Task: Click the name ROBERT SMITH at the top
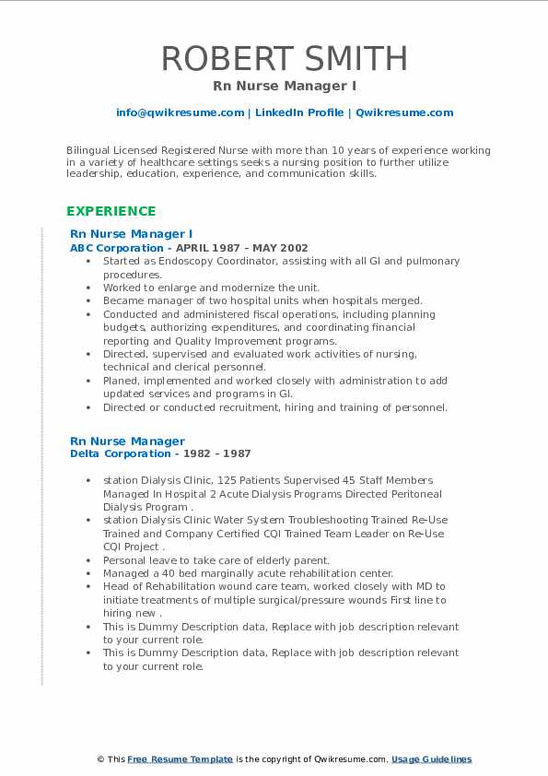pos(284,58)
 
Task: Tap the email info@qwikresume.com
pos(180,112)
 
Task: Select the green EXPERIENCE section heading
pos(111,211)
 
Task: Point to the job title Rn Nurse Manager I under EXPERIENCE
pos(131,234)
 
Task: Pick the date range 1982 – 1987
pos(216,453)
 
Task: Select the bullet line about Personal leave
pos(216,560)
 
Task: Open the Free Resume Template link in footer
pos(180,759)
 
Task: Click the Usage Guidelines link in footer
pos(431,759)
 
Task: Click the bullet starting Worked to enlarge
pos(212,288)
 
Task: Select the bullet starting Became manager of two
pos(262,300)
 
